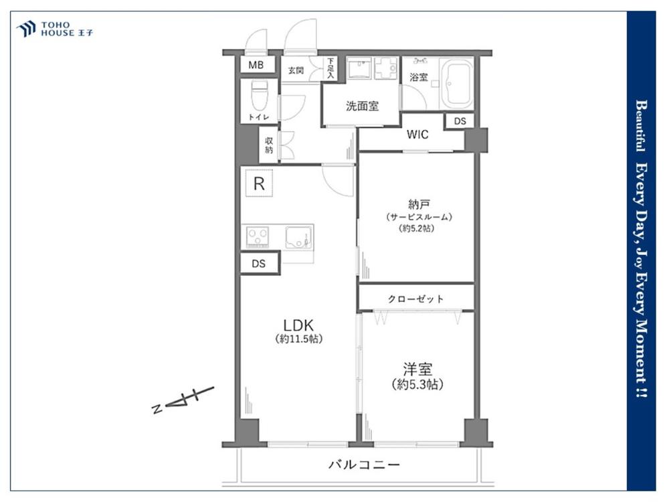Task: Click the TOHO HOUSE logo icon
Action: pyautogui.click(x=25, y=29)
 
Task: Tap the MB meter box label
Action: pyautogui.click(x=256, y=66)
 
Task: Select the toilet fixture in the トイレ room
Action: pyautogui.click(x=258, y=95)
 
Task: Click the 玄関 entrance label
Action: pyautogui.click(x=296, y=70)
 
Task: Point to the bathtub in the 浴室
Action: pyautogui.click(x=456, y=83)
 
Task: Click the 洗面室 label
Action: pyautogui.click(x=362, y=106)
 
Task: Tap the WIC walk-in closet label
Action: pyautogui.click(x=417, y=135)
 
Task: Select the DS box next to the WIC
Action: pyautogui.click(x=460, y=121)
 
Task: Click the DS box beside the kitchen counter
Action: pyautogui.click(x=259, y=263)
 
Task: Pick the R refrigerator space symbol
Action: pyautogui.click(x=259, y=183)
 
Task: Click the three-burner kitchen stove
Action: pyautogui.click(x=258, y=236)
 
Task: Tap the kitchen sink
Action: pyautogui.click(x=298, y=238)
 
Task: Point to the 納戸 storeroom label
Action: pyautogui.click(x=418, y=204)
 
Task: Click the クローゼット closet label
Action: pyautogui.click(x=415, y=299)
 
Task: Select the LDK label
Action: pyautogui.click(x=298, y=325)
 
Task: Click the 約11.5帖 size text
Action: pyautogui.click(x=298, y=339)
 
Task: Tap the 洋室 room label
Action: pyautogui.click(x=417, y=369)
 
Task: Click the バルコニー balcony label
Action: pyautogui.click(x=364, y=464)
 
